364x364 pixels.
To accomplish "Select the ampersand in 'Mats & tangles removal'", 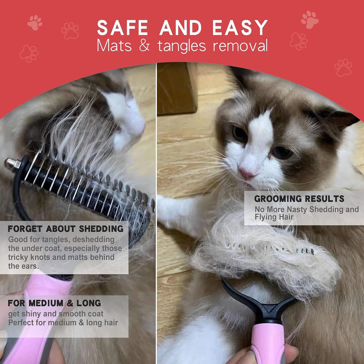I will coord(144,46).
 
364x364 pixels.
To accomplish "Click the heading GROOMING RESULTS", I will coord(299,199).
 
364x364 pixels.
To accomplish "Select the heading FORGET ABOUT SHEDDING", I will coord(65,229).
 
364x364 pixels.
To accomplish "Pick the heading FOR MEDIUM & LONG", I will coord(54,303).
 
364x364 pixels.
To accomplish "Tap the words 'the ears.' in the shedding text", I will coord(24,266).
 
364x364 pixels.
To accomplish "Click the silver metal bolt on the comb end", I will coord(12,163).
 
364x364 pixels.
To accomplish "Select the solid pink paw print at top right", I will coord(310,19).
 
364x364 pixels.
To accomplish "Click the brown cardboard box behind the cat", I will coord(176,88).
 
